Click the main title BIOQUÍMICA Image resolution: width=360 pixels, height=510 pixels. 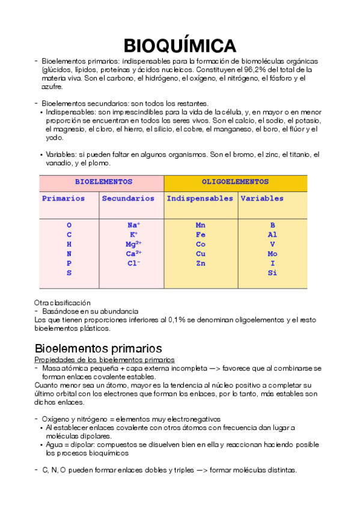click(x=180, y=45)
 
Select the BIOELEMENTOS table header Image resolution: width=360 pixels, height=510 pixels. click(x=103, y=182)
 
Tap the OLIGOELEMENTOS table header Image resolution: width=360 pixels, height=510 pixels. click(x=235, y=182)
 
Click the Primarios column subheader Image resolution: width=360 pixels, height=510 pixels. click(x=63, y=198)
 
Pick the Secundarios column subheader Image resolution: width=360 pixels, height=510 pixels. click(x=128, y=198)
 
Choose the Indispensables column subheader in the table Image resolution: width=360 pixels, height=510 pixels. click(x=200, y=198)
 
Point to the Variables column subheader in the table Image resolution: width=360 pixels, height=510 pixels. click(x=262, y=198)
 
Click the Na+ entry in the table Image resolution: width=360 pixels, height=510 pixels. click(x=133, y=226)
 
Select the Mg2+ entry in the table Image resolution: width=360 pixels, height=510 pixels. click(x=133, y=244)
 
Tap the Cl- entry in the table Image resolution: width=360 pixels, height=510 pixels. click(x=133, y=263)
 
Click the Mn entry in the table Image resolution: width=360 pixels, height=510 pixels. click(x=201, y=226)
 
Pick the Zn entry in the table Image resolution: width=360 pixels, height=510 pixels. click(x=201, y=263)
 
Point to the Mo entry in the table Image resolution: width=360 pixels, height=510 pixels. click(x=272, y=254)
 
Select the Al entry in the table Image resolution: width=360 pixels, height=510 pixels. click(x=272, y=235)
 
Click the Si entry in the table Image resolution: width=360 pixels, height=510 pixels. click(x=272, y=273)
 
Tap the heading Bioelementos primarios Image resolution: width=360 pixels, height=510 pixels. click(x=98, y=348)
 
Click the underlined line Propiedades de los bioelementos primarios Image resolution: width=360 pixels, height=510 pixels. click(x=97, y=359)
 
